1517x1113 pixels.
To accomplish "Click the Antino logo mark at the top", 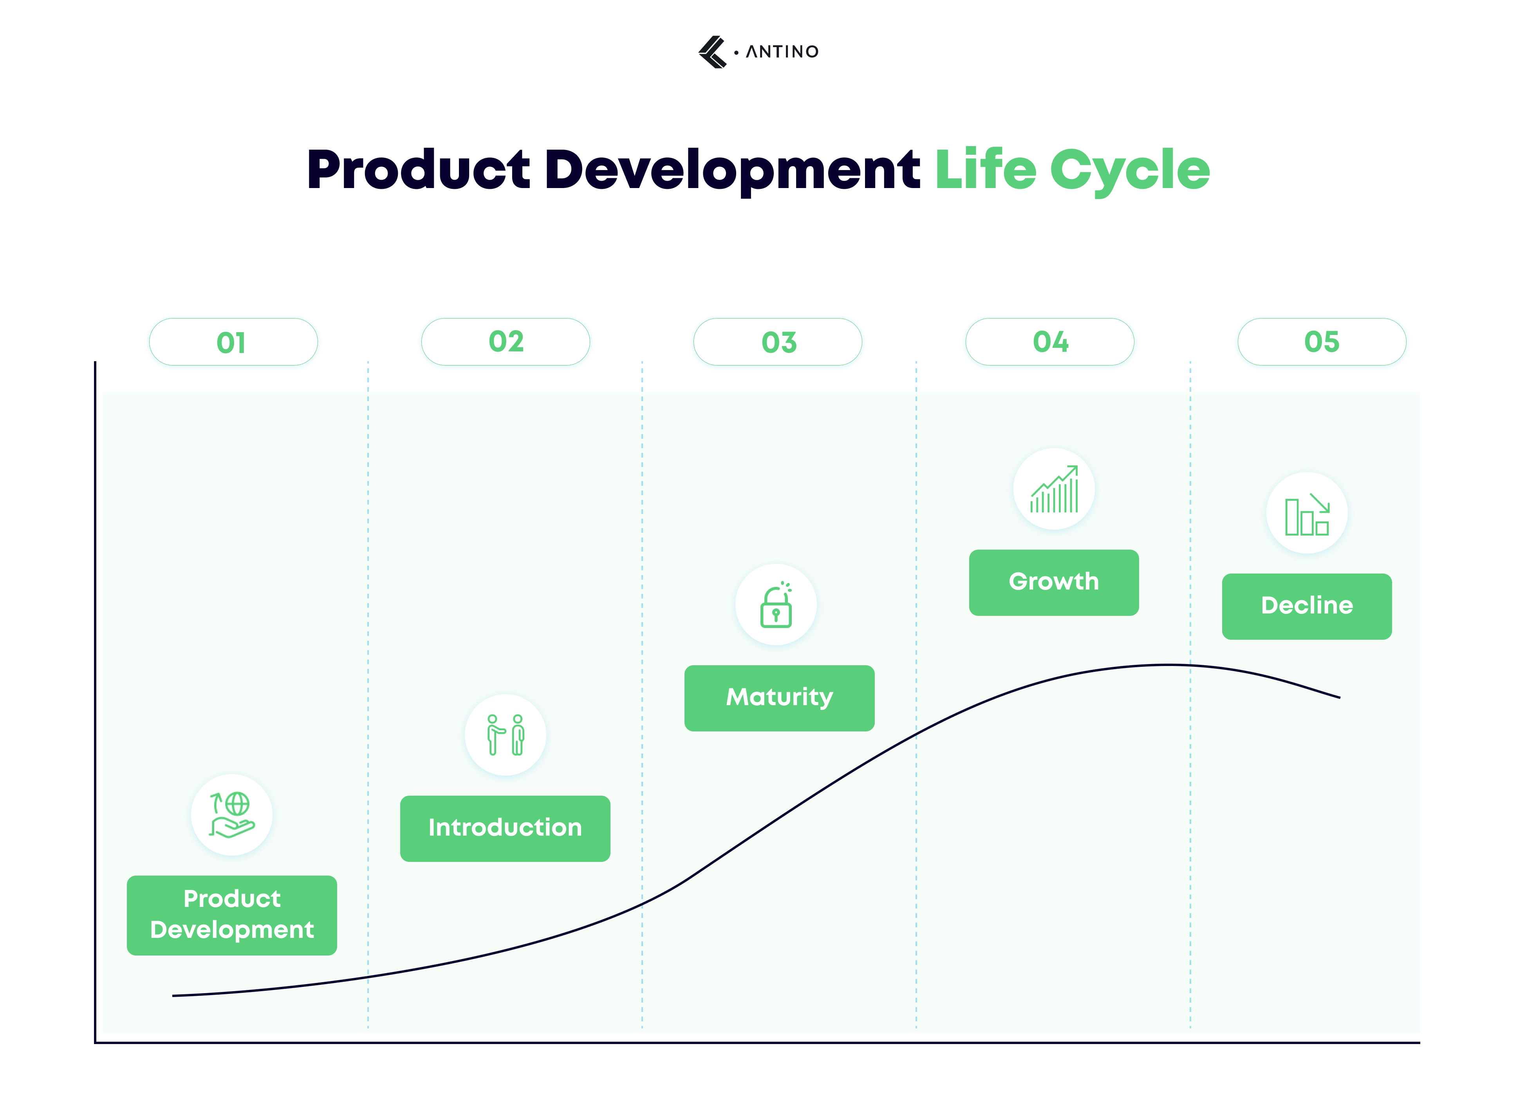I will tap(712, 52).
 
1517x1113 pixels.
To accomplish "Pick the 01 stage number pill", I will tap(233, 342).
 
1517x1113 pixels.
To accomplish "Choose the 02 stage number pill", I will tap(505, 342).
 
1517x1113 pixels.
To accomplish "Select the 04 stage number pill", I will tap(1050, 342).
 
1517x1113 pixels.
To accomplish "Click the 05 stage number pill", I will tap(1321, 342).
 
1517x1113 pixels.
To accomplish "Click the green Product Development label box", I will tap(232, 915).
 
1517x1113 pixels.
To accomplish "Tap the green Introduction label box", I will tap(505, 828).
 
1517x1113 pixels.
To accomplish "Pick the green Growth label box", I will tap(1054, 582).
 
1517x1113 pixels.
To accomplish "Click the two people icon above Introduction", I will tap(505, 735).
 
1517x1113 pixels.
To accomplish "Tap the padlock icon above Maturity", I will tap(776, 604).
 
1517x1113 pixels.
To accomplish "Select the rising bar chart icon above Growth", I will tap(1054, 489).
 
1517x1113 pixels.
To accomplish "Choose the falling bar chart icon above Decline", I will tap(1306, 513).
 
